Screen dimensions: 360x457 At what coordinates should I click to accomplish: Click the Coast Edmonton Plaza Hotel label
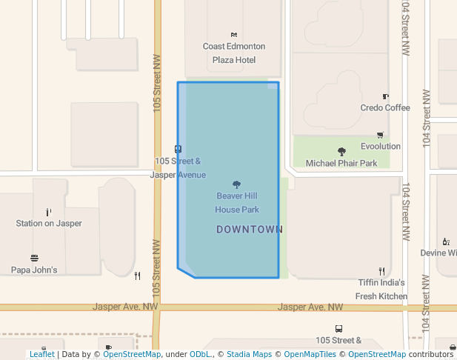(x=234, y=53)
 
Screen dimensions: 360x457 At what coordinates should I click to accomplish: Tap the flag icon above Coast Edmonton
(x=234, y=35)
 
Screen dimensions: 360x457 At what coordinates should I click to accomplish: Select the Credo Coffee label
(x=385, y=107)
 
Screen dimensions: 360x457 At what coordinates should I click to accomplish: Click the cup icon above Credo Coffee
(x=385, y=96)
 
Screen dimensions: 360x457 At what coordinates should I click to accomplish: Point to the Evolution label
(x=381, y=147)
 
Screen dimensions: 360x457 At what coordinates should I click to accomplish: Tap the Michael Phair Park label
(x=341, y=163)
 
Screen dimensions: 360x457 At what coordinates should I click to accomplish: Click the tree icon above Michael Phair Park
(x=341, y=151)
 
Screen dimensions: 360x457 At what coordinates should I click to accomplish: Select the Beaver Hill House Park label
(x=237, y=203)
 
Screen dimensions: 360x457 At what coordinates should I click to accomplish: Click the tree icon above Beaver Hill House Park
(x=237, y=184)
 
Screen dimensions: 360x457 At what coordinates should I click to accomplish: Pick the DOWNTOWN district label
(x=250, y=230)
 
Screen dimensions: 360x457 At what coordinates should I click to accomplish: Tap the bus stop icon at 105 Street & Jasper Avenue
(x=178, y=149)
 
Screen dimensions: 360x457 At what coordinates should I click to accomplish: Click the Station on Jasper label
(x=49, y=223)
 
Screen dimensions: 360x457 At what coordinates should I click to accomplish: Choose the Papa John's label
(x=34, y=270)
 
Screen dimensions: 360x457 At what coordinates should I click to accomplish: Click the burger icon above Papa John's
(x=34, y=258)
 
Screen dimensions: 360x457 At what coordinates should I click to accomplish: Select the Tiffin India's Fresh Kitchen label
(x=381, y=289)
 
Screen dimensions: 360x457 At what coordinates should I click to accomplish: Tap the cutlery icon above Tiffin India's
(x=381, y=271)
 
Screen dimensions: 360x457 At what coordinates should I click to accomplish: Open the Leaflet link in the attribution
(x=41, y=355)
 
